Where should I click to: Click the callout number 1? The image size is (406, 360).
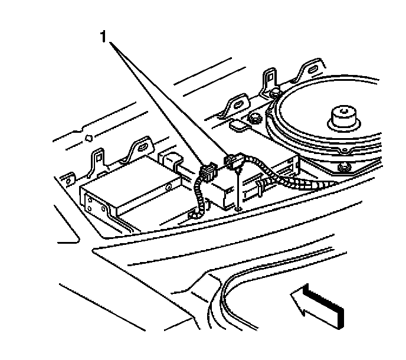pos(104,37)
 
